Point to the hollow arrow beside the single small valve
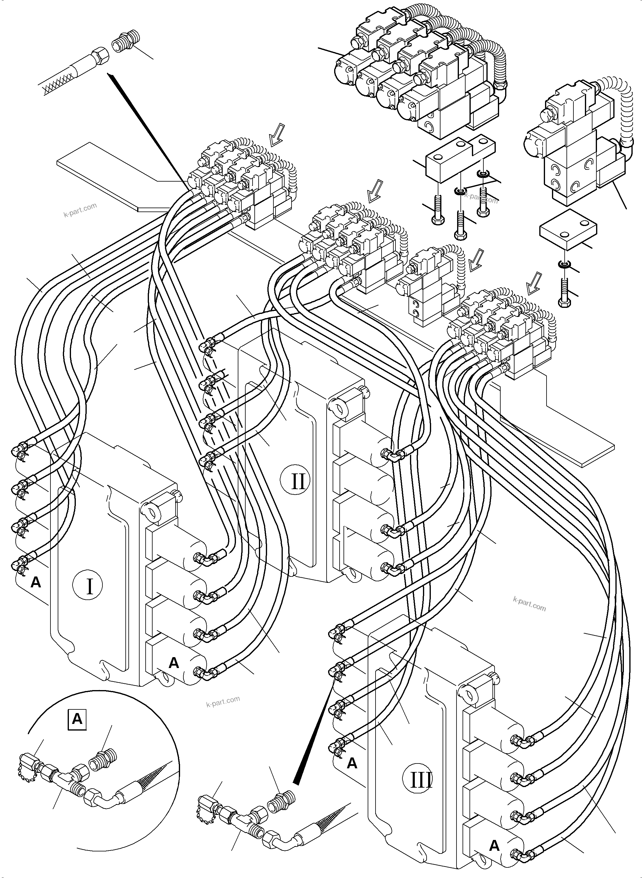(475, 260)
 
